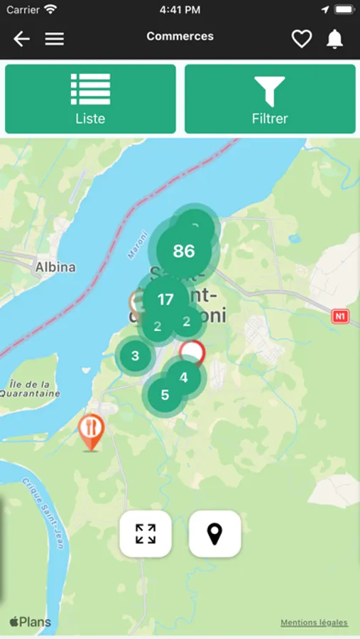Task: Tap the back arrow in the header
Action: click(x=21, y=39)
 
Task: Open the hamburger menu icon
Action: click(x=55, y=39)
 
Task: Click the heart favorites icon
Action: click(x=302, y=39)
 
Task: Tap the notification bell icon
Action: click(x=334, y=39)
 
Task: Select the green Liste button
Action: click(x=90, y=99)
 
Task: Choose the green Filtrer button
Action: click(x=270, y=99)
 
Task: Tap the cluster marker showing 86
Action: click(x=184, y=251)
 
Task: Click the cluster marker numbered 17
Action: click(x=165, y=300)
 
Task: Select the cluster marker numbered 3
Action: click(x=136, y=356)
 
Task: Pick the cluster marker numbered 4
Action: click(x=184, y=377)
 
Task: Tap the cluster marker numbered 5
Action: click(x=165, y=395)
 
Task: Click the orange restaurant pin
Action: click(x=91, y=431)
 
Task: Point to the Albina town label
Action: click(x=55, y=268)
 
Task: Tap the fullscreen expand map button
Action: click(x=146, y=533)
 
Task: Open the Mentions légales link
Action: click(x=314, y=623)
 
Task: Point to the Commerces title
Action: click(x=180, y=36)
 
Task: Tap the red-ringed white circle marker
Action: click(x=192, y=352)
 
